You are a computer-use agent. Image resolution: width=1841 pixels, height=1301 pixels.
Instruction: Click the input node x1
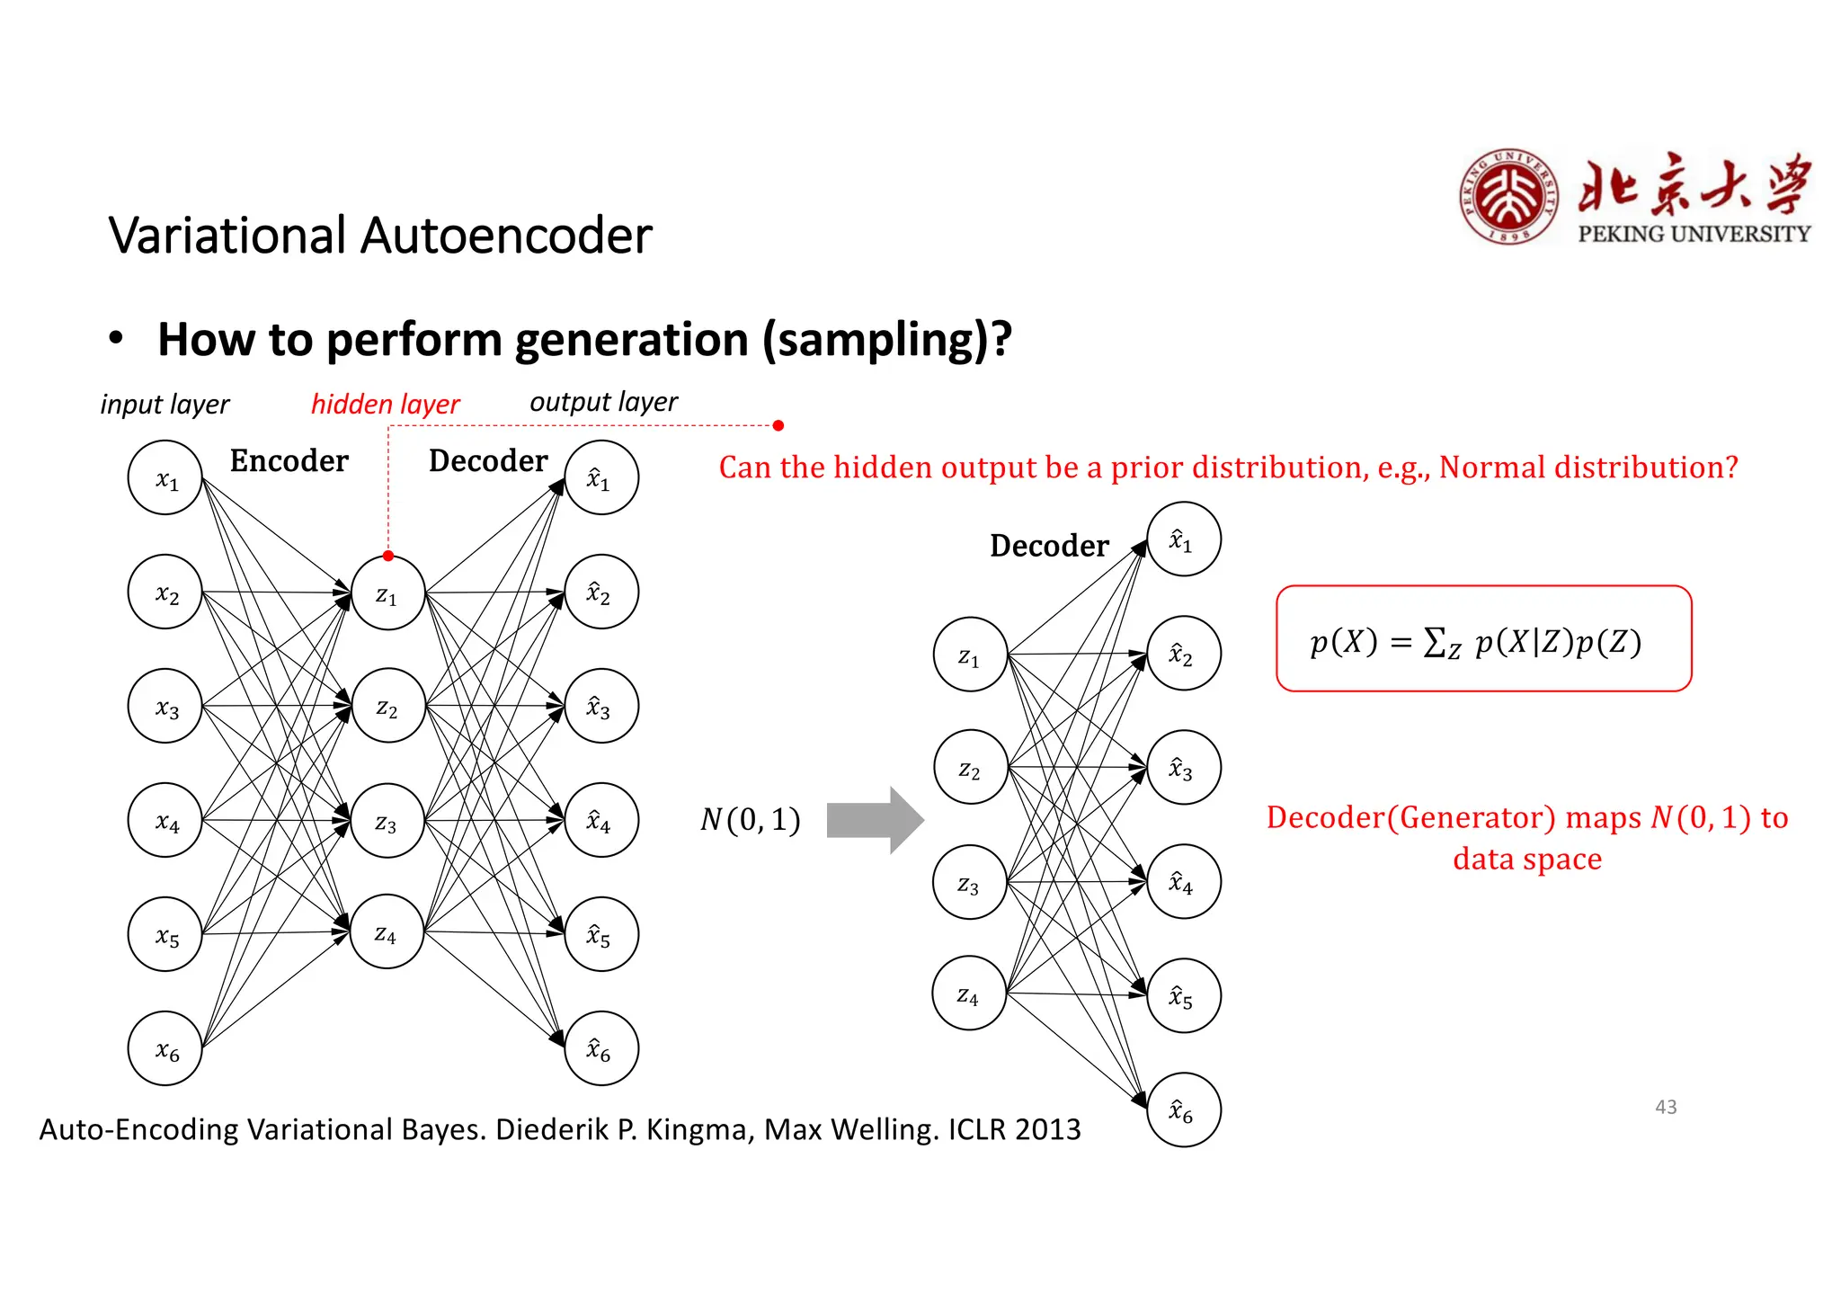(165, 478)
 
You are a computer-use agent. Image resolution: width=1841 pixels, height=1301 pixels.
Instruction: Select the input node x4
(165, 821)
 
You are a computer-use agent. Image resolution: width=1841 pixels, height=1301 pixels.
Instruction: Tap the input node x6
(165, 1049)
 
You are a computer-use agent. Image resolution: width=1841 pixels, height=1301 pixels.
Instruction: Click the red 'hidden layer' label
(385, 405)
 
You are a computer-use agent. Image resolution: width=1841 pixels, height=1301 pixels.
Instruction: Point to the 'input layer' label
(165, 405)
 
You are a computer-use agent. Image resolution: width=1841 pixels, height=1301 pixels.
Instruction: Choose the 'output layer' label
(603, 402)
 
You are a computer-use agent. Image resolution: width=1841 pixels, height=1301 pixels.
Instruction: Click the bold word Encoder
(289, 460)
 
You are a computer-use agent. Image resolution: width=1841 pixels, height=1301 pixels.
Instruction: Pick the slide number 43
(1666, 1107)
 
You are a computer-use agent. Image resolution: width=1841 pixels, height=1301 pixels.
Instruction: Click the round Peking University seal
(1509, 197)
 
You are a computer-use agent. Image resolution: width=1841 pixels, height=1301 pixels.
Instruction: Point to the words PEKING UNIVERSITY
(1694, 234)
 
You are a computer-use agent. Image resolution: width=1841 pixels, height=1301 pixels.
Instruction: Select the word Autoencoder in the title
(506, 236)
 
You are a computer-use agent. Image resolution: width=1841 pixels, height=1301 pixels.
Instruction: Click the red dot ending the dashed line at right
(778, 425)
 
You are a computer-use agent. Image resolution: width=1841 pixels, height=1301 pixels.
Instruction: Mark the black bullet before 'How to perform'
(115, 339)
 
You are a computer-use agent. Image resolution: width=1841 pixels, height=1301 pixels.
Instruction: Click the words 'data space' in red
(1526, 859)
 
